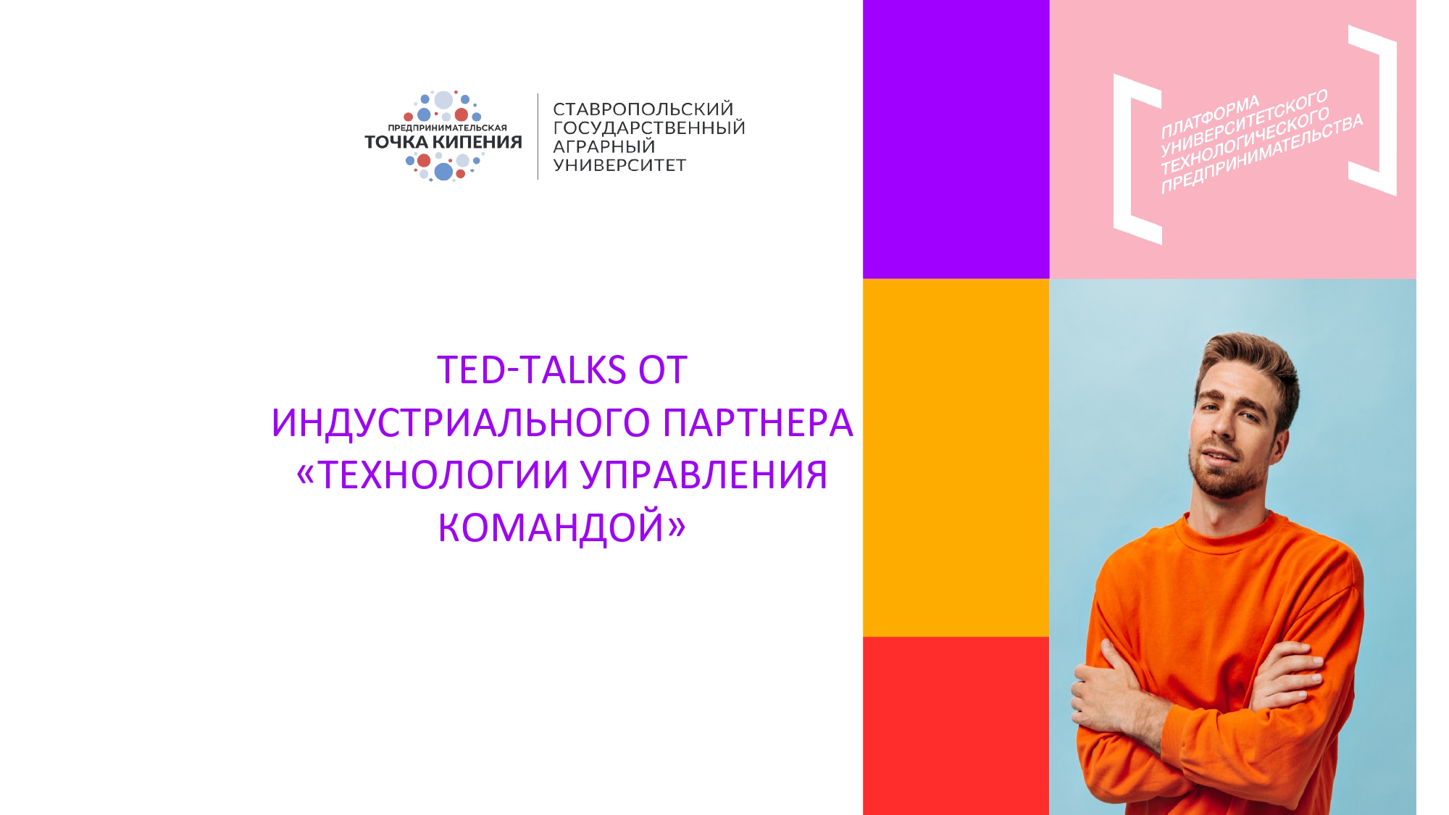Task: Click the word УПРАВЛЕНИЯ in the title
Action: (x=703, y=475)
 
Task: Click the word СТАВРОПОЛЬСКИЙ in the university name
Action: (x=643, y=109)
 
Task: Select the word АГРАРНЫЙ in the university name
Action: (x=604, y=146)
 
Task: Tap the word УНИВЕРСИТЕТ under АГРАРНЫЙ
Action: (x=619, y=165)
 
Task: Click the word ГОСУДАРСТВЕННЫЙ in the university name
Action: (x=648, y=128)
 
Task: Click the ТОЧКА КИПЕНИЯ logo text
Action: (x=443, y=142)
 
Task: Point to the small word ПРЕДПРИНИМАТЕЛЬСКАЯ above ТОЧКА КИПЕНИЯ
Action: (x=447, y=128)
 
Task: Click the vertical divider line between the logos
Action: (x=538, y=136)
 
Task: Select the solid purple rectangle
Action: (x=956, y=139)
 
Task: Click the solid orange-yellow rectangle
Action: (x=956, y=458)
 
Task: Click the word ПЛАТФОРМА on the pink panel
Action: (x=1210, y=117)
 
